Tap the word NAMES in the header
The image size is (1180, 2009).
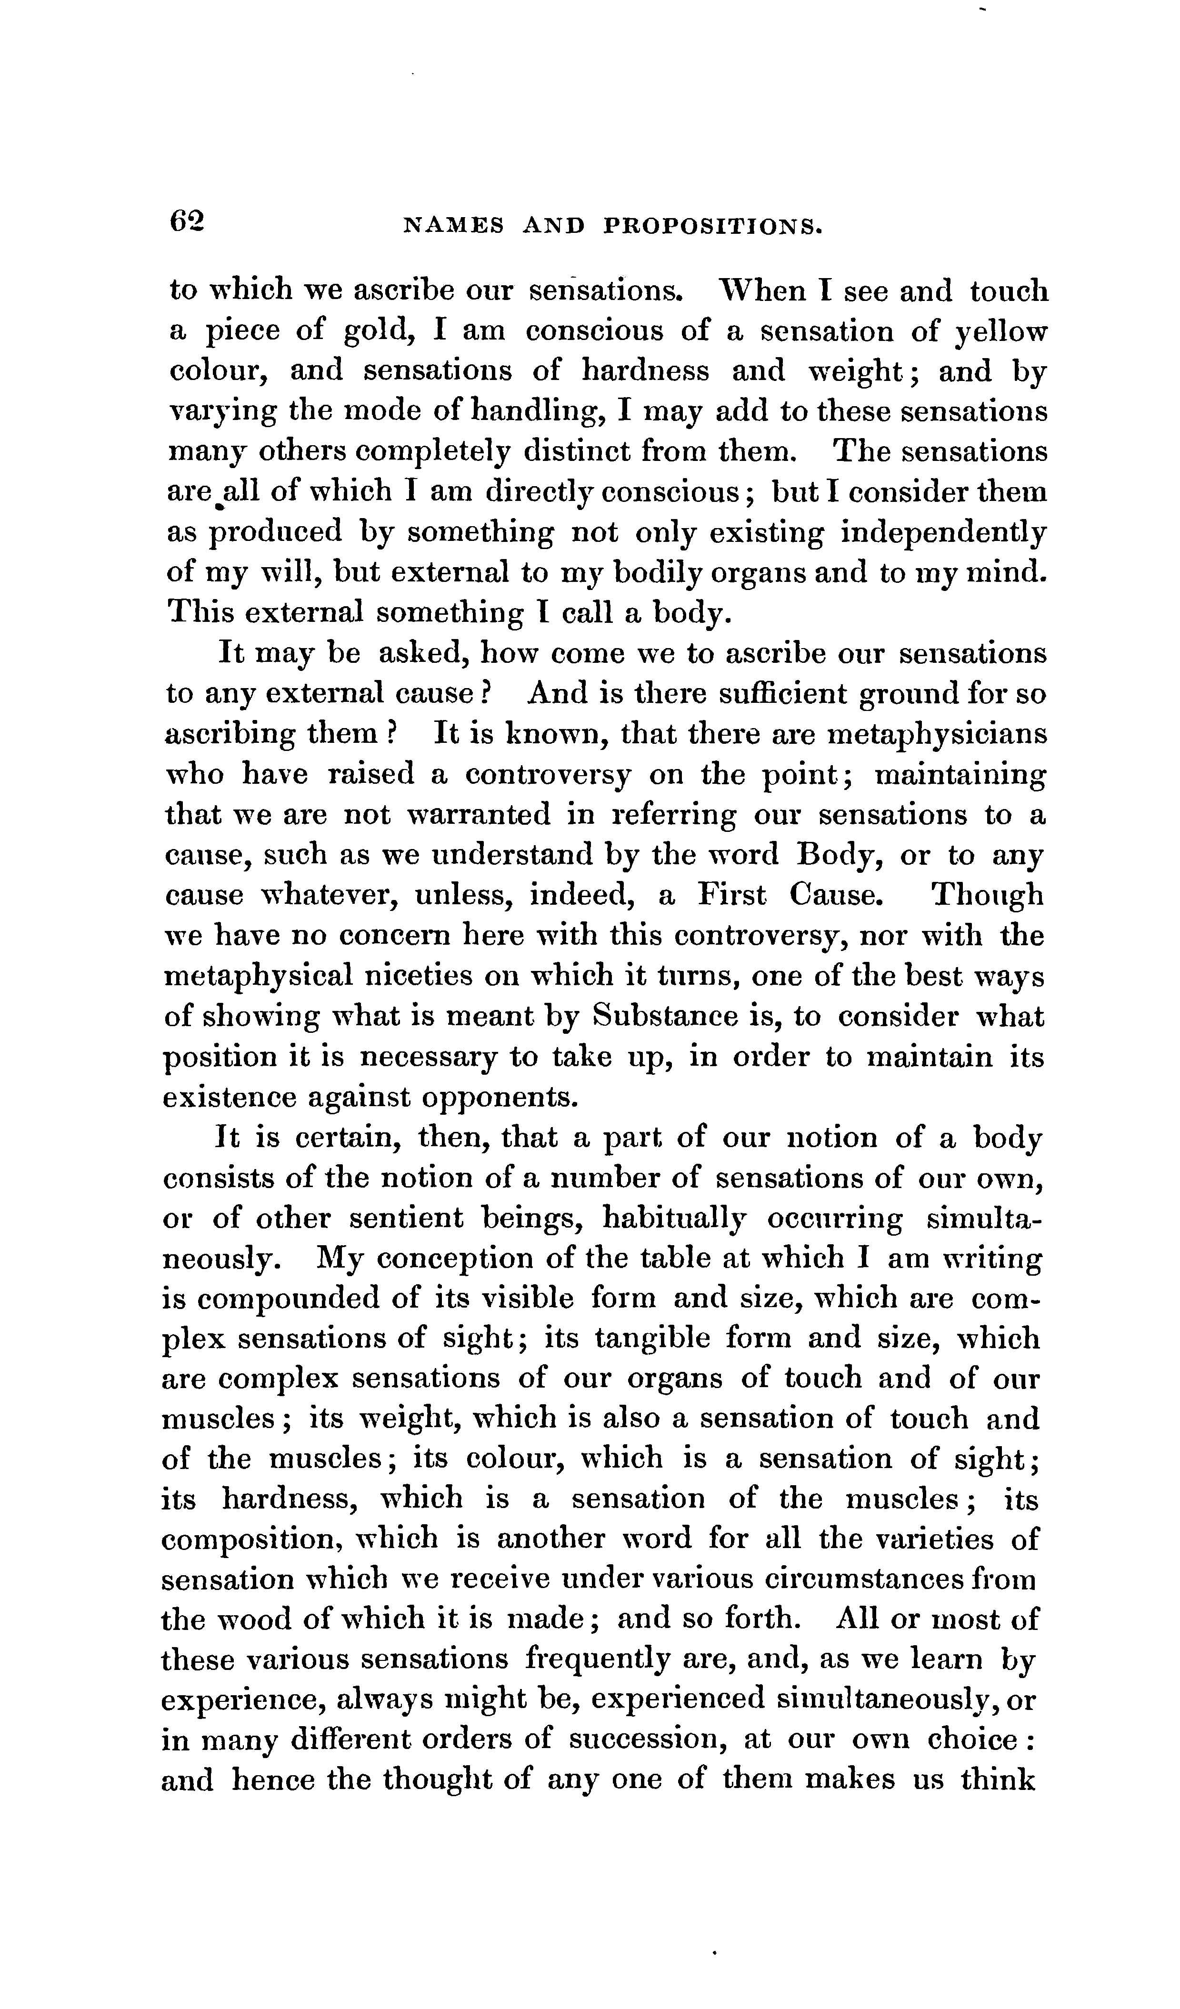click(x=454, y=227)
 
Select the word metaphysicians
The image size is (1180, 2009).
click(x=937, y=733)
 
